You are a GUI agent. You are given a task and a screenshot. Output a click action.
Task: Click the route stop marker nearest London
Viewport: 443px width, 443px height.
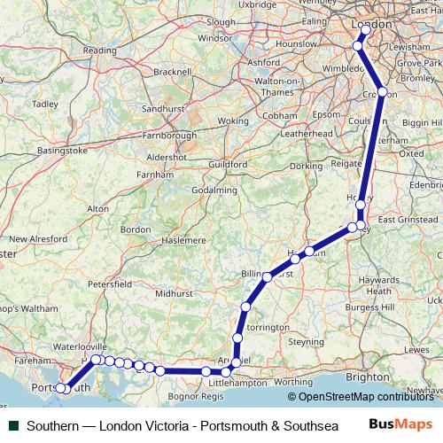(x=366, y=29)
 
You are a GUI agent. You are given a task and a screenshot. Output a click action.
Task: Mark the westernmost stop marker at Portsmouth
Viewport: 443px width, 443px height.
(x=60, y=389)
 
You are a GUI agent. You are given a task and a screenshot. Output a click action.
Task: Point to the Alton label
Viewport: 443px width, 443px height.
(x=97, y=208)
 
